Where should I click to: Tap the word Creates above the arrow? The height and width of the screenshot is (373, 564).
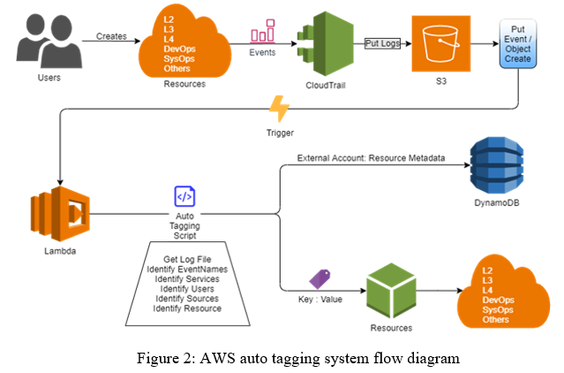tap(110, 37)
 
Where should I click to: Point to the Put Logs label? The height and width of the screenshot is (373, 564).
tap(383, 42)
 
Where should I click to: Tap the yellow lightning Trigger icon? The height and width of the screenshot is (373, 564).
tap(279, 110)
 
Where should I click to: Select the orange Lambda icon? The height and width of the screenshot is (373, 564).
tap(56, 214)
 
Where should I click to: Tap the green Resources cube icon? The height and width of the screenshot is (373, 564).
tap(391, 293)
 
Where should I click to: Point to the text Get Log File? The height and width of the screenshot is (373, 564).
tap(186, 258)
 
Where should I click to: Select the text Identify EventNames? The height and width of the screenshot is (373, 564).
tap(187, 269)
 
